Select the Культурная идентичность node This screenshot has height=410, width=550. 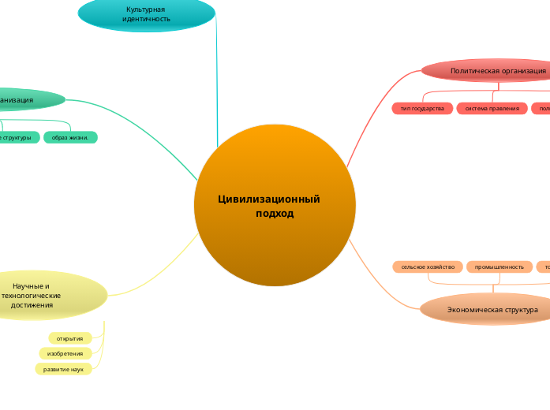click(147, 13)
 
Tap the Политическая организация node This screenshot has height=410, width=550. click(489, 71)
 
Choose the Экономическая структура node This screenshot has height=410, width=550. click(489, 310)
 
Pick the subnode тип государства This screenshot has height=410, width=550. click(422, 108)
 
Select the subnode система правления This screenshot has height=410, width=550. click(492, 108)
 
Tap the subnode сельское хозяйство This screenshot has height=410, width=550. click(428, 267)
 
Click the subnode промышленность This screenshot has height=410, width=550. click(499, 267)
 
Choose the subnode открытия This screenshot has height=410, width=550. click(70, 338)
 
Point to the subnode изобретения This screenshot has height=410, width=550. click(65, 353)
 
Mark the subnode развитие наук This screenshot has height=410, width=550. click(63, 369)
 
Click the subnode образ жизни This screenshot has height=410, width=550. click(70, 137)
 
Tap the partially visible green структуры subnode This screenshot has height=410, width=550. click(17, 137)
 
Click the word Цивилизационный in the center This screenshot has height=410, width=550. click(268, 199)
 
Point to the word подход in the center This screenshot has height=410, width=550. click(275, 214)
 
